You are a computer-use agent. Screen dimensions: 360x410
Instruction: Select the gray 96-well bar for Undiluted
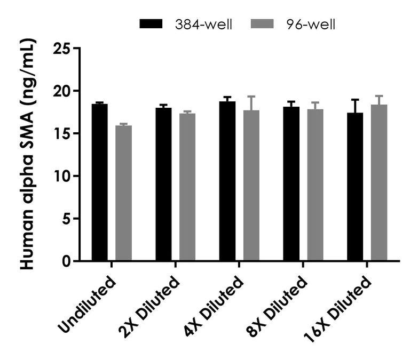pyautogui.click(x=123, y=193)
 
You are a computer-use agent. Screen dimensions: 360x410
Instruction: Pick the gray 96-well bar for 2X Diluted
pyautogui.click(x=187, y=187)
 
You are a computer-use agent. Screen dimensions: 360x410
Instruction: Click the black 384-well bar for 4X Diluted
pyautogui.click(x=227, y=181)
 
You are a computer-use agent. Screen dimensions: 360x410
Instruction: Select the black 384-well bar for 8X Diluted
pyautogui.click(x=291, y=183)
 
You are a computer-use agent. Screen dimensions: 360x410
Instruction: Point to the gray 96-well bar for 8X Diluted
pyautogui.click(x=316, y=185)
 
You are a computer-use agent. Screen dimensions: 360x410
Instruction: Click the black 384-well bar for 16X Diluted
pyautogui.click(x=355, y=187)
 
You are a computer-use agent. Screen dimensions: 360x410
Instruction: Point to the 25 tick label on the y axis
pyautogui.click(x=63, y=49)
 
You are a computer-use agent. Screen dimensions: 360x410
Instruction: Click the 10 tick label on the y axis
pyautogui.click(x=63, y=176)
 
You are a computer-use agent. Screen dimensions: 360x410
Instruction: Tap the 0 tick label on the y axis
pyautogui.click(x=67, y=261)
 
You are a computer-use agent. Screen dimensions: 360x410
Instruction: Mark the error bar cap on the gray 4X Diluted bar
pyautogui.click(x=251, y=97)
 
